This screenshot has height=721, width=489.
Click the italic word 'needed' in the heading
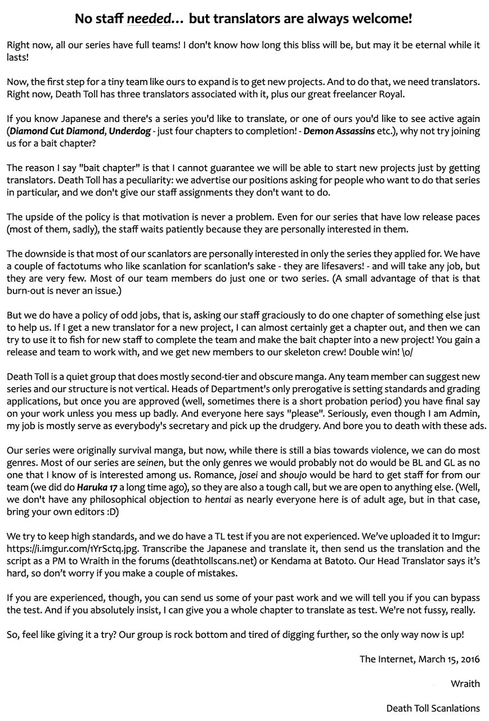tap(149, 19)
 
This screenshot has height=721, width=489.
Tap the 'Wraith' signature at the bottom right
tap(465, 684)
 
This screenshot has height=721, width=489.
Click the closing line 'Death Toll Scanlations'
tap(433, 708)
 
